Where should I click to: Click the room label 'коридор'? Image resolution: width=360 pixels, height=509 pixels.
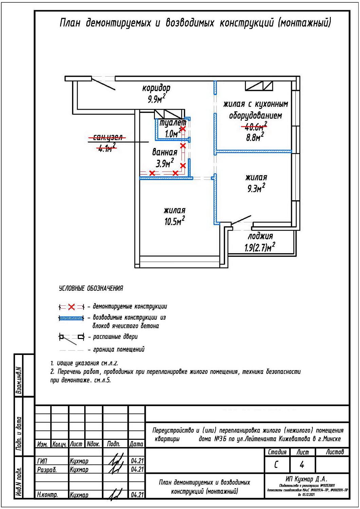156,88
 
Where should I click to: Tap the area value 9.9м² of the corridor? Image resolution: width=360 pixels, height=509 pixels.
156,99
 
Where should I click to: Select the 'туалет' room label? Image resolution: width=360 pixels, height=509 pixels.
173,122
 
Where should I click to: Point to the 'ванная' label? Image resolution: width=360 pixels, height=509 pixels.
165,152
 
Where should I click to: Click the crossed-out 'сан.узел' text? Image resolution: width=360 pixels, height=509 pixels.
108,137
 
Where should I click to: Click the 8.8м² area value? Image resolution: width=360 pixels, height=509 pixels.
255,137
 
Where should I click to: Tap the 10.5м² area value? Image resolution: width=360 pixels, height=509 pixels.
175,222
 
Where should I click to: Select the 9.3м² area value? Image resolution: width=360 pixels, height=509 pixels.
256,188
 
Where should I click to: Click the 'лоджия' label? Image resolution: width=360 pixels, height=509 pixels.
260,236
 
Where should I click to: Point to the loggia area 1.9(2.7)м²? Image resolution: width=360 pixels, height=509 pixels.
260,247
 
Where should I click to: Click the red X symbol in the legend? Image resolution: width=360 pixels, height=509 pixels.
71,307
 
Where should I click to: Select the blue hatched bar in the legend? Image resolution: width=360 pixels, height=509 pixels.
71,318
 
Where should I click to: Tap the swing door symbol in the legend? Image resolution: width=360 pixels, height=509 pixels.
71,337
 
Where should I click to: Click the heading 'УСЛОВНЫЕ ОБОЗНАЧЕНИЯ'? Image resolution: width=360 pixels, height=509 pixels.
91,288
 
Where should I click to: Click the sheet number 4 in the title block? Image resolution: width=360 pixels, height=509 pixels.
302,464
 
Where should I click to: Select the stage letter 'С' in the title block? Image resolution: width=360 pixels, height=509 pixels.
276,464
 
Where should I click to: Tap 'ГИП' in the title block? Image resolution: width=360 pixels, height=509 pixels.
42,461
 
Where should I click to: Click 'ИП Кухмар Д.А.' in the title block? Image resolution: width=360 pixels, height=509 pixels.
306,479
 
